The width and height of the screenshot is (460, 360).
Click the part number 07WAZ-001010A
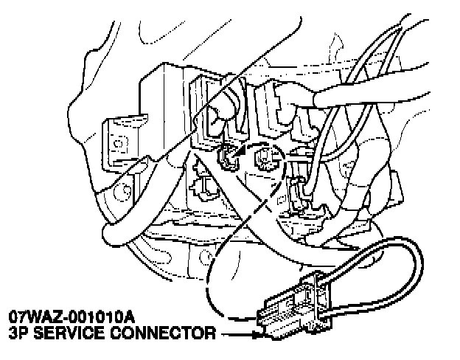pos(72,317)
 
